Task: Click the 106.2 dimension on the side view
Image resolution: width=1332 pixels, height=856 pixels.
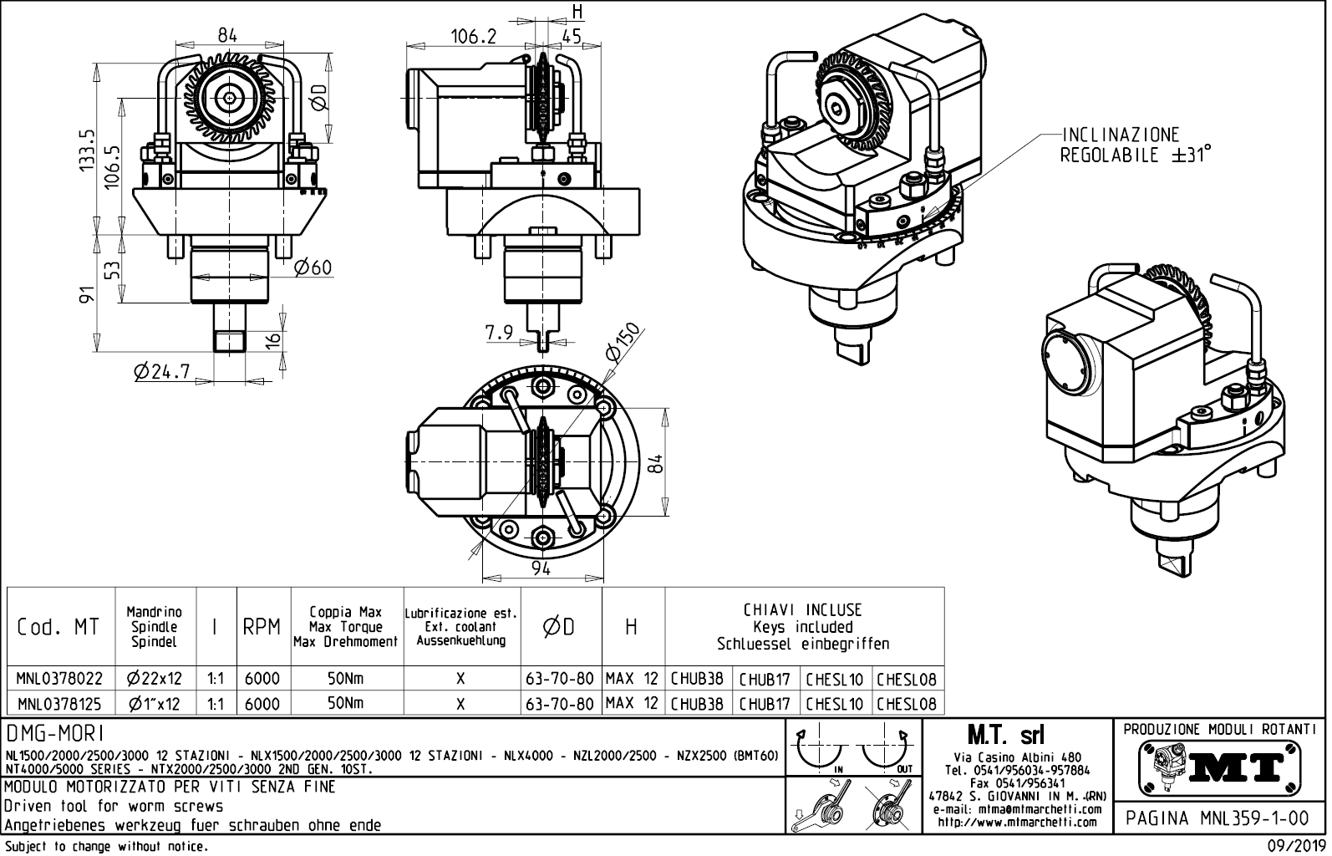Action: click(x=473, y=37)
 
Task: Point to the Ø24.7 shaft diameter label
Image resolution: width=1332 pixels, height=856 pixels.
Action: click(x=161, y=370)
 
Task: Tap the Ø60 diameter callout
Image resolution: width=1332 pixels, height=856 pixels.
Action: click(x=313, y=268)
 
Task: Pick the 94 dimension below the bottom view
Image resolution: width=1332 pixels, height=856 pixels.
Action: click(x=541, y=569)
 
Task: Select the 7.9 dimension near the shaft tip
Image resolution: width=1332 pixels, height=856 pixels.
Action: click(x=499, y=334)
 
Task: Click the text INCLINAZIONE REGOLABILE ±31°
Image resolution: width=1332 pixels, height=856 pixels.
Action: click(x=1135, y=145)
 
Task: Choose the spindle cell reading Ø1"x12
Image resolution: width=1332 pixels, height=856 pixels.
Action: click(x=155, y=704)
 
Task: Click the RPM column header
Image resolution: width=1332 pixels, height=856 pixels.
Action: click(x=262, y=627)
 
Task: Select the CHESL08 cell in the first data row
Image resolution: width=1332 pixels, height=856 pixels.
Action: click(x=907, y=680)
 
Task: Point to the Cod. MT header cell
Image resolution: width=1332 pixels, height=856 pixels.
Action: click(x=58, y=627)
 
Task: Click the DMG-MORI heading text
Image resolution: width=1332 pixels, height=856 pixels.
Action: click(x=55, y=734)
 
